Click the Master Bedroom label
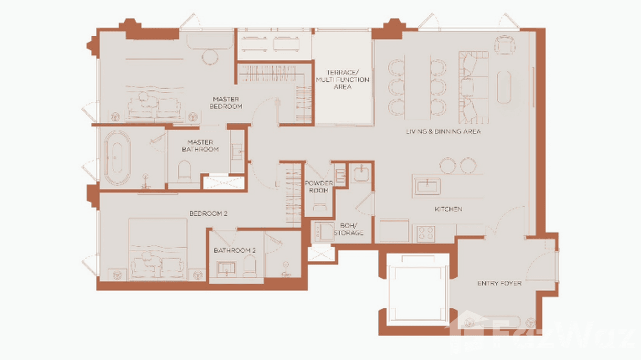(x=226, y=103)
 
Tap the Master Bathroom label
(x=200, y=146)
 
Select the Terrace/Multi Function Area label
(x=342, y=80)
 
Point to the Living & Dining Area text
(x=443, y=131)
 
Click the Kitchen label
(x=448, y=209)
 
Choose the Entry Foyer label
(x=499, y=284)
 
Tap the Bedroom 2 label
(x=208, y=214)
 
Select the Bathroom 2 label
(x=235, y=250)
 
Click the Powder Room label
(x=319, y=187)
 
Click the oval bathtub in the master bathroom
(x=118, y=158)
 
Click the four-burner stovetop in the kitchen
(x=426, y=233)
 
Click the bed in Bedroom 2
(x=157, y=248)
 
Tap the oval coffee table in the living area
(x=504, y=87)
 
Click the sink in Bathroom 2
(x=225, y=268)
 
